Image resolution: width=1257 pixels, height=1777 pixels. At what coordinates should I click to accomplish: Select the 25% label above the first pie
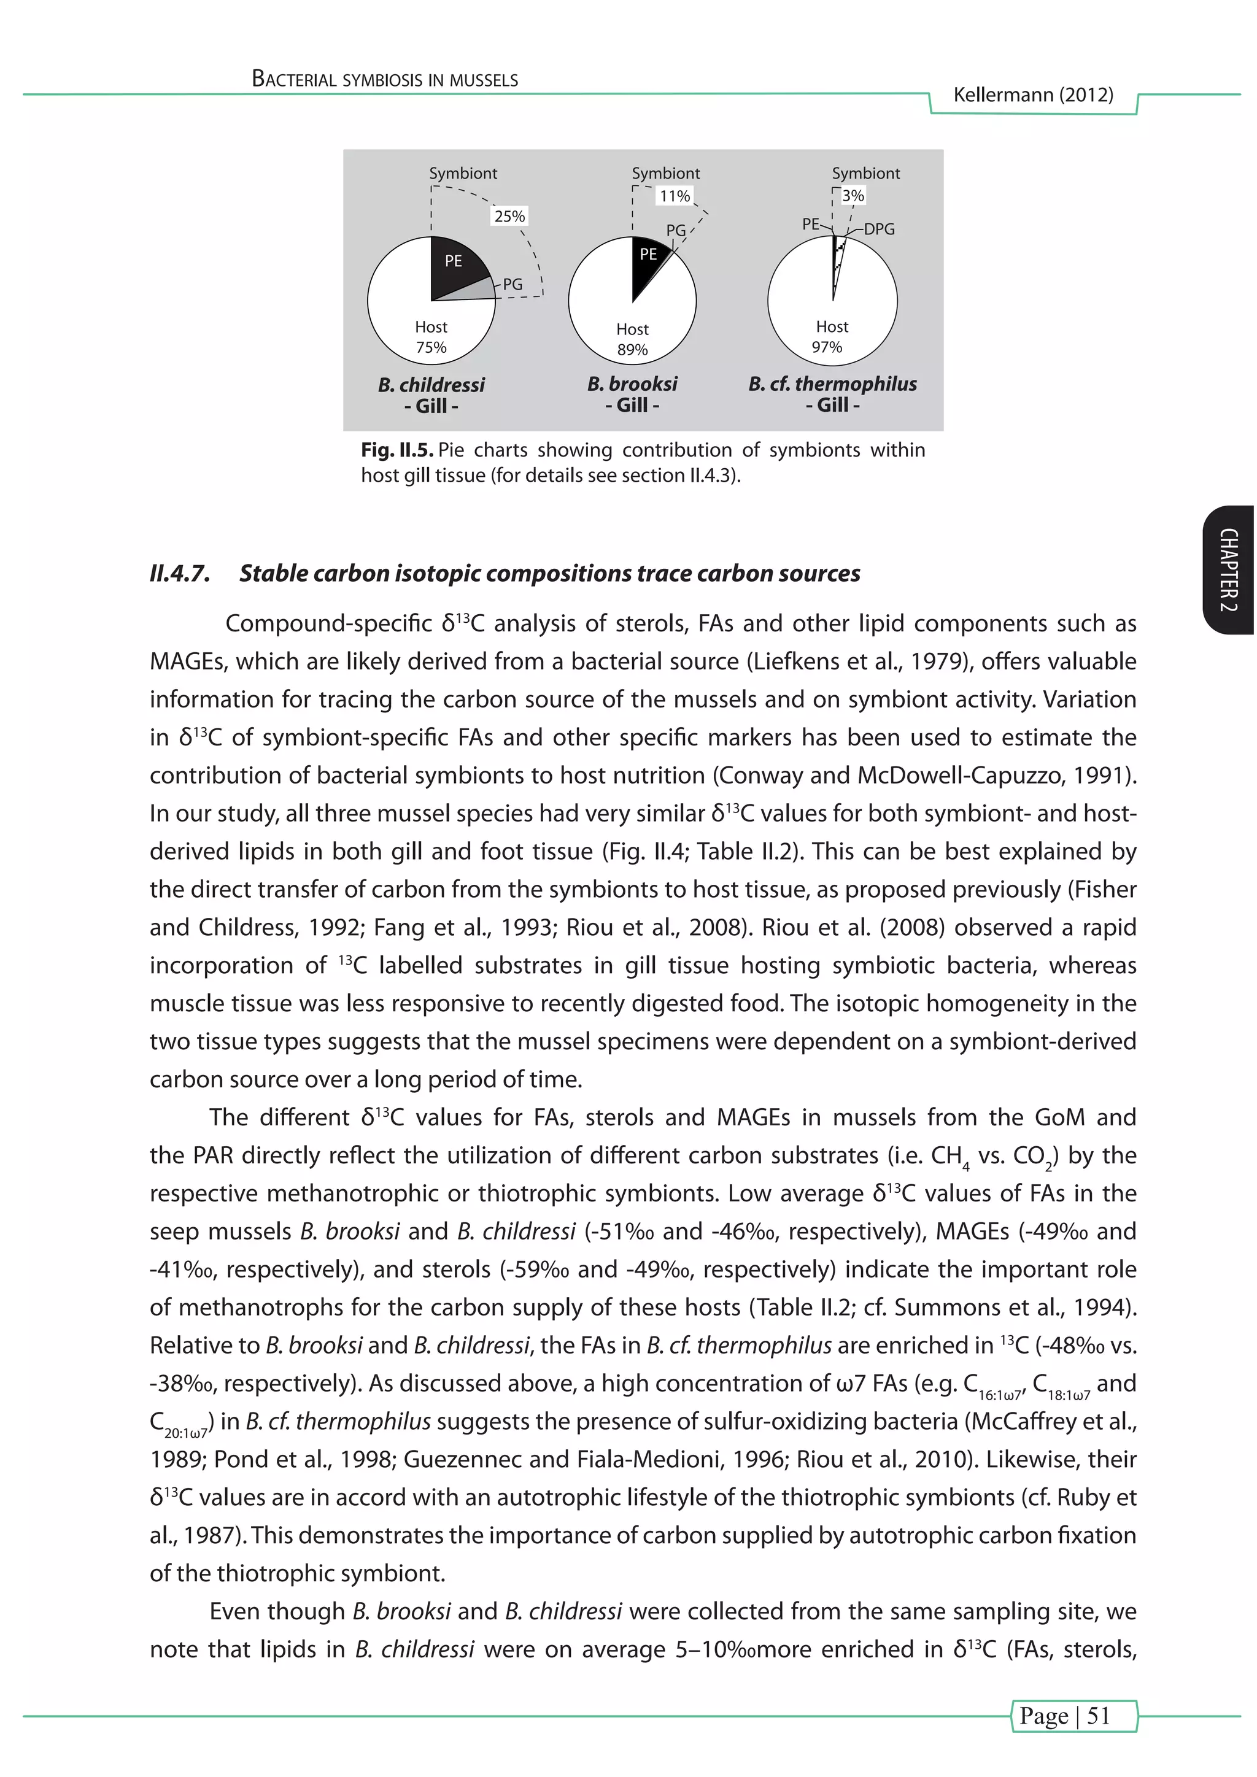click(x=509, y=217)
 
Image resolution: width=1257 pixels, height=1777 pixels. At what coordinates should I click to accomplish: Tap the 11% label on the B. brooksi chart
click(x=674, y=196)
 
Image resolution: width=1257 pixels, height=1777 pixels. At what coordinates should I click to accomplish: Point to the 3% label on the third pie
click(x=853, y=196)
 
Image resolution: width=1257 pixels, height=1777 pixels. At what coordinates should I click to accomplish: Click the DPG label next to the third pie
click(x=880, y=229)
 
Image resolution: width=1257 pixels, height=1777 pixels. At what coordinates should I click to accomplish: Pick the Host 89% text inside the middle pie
click(x=632, y=339)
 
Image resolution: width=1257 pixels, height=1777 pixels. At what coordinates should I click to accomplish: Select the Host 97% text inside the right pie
click(x=831, y=337)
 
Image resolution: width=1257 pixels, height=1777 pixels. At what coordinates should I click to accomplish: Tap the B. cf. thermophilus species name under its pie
click(x=832, y=384)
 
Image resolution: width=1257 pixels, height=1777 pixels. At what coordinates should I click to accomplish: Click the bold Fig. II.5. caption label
click(x=397, y=450)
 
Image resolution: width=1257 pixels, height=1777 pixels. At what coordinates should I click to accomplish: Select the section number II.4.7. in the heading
click(x=180, y=574)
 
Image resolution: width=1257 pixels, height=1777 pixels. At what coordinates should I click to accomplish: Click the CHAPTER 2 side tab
click(x=1228, y=571)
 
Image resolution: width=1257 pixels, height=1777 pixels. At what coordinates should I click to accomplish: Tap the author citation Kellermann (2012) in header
click(x=1032, y=95)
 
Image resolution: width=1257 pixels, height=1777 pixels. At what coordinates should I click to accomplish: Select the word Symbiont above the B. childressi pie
click(x=463, y=174)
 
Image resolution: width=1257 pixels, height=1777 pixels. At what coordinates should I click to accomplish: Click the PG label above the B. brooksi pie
click(x=676, y=231)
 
